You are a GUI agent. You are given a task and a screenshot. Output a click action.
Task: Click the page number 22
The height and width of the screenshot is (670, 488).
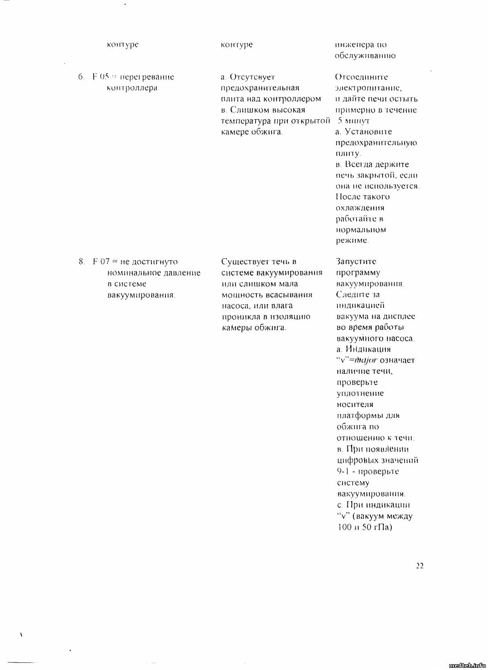tap(419, 565)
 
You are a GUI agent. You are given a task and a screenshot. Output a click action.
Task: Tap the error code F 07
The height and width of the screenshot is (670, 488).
tap(101, 261)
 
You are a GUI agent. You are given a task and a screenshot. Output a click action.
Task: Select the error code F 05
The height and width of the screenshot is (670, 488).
tap(101, 76)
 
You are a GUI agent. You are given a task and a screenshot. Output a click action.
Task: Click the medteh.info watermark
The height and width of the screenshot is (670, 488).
tap(467, 665)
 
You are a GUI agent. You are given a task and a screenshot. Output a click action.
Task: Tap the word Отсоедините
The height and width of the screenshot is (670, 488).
tap(361, 77)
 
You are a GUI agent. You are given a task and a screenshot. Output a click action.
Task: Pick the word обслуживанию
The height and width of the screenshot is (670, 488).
tap(365, 56)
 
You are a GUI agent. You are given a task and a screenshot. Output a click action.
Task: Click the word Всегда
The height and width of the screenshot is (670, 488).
tap(357, 164)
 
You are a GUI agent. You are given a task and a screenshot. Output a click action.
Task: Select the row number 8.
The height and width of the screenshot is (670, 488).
tap(81, 261)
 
